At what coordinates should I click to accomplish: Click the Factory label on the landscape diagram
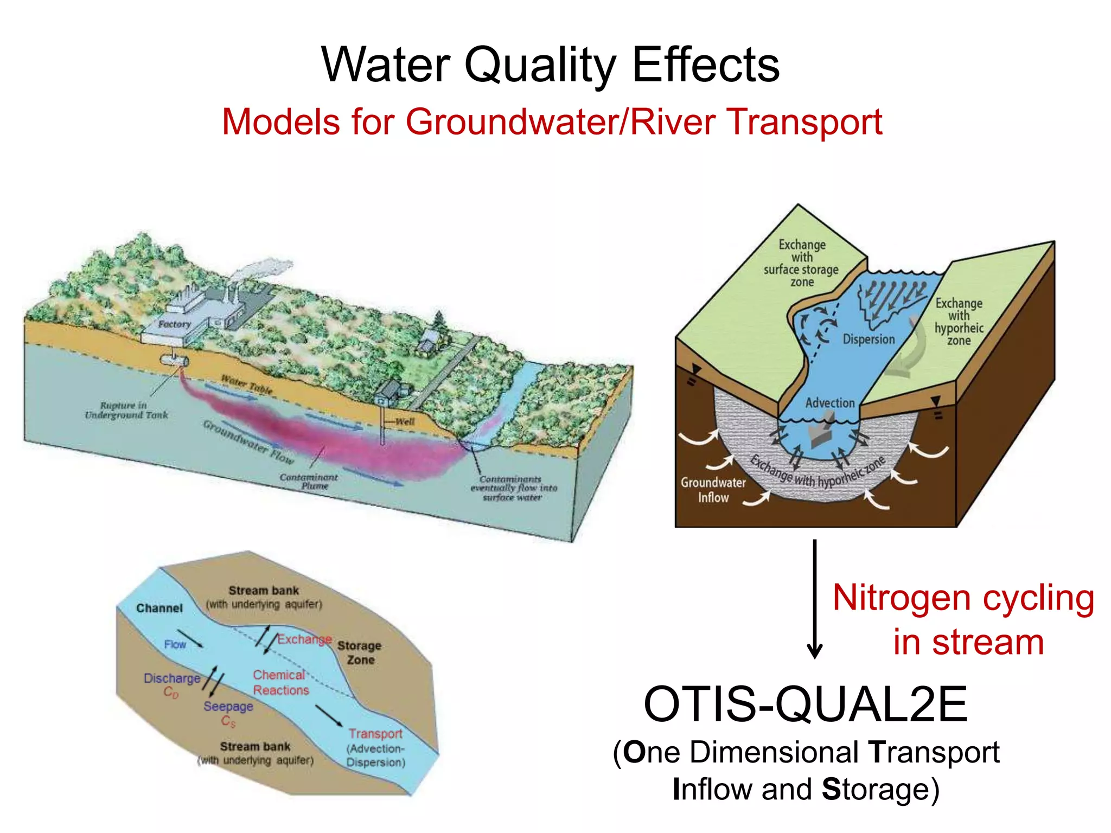coord(175,324)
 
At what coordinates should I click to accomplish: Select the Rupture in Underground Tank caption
coord(126,410)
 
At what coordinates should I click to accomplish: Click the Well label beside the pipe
coord(405,421)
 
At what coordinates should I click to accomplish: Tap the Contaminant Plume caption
coord(309,481)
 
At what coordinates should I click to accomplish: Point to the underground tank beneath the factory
coord(174,360)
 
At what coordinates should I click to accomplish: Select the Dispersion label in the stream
coord(869,339)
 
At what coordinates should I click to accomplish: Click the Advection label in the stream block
coord(829,402)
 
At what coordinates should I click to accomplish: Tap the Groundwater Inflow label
coord(713,490)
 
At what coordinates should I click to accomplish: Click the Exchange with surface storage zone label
coord(801,263)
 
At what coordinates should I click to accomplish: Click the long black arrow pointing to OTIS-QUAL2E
coord(814,597)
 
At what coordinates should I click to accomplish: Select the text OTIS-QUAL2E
coord(805,704)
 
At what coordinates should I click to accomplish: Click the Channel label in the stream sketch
coord(159,608)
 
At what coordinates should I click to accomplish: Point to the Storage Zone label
coord(359,652)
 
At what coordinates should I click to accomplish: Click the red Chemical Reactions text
coord(280,682)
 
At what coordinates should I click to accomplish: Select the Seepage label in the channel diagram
coord(228,706)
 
